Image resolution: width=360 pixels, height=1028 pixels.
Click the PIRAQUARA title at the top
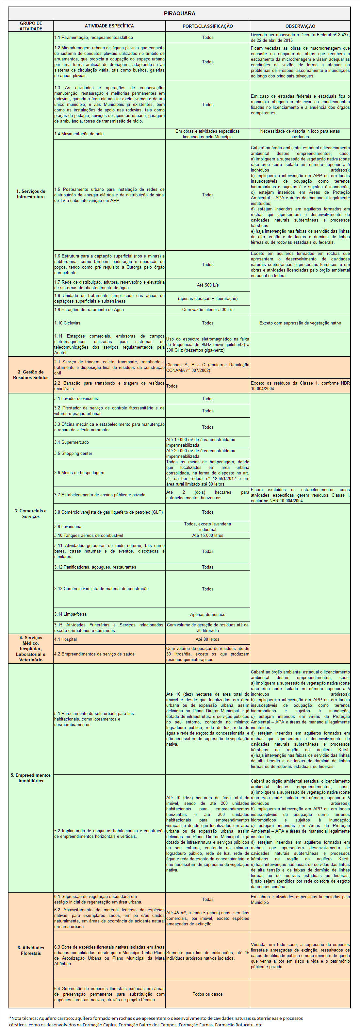(180, 14)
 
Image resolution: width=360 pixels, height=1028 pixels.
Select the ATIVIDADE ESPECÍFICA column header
(109, 26)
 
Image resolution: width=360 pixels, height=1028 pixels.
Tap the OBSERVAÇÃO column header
(300, 26)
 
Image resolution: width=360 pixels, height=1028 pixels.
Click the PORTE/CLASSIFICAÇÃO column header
(207, 26)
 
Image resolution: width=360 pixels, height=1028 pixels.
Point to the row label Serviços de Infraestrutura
(31, 194)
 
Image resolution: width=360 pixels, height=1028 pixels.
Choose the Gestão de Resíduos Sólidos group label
(31, 374)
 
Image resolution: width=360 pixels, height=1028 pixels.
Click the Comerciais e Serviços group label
(31, 514)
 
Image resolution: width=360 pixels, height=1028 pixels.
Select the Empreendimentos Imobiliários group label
(31, 778)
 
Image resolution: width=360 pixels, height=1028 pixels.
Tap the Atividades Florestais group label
(31, 950)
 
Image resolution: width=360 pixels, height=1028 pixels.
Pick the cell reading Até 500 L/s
(207, 285)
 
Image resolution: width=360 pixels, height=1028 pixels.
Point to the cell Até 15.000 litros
(207, 535)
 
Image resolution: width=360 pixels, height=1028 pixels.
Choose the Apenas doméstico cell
(207, 615)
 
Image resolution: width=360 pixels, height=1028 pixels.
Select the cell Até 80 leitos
(207, 639)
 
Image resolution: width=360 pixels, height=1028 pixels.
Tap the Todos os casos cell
(207, 994)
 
